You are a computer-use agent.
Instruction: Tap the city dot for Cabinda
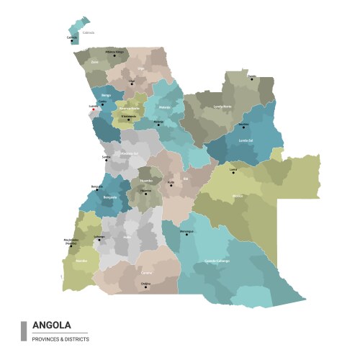72,41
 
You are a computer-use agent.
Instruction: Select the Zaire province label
95,63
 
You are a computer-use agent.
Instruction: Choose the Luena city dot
233,174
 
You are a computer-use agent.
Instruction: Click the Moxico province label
238,195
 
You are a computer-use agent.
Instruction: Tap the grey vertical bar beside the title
24,330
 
